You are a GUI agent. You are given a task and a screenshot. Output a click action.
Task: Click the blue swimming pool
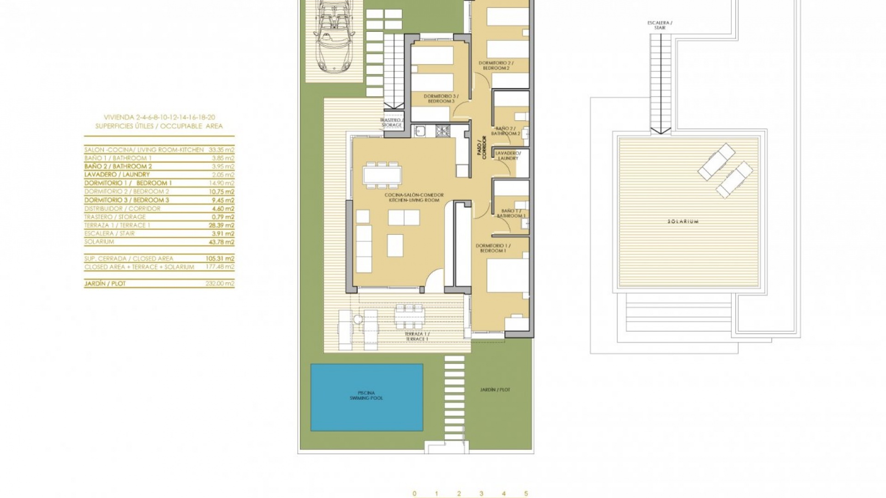(x=366, y=397)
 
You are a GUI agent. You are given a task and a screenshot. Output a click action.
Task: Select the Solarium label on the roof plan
(x=683, y=222)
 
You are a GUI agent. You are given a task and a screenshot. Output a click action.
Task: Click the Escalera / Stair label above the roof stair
(x=660, y=25)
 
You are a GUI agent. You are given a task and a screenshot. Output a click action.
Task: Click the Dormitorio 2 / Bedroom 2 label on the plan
(x=496, y=65)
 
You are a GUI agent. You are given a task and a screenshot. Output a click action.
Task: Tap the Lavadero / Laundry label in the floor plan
(x=508, y=156)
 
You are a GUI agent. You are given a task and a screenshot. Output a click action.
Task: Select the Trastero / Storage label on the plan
(x=391, y=123)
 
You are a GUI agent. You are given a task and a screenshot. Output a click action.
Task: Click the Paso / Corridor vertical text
(x=481, y=147)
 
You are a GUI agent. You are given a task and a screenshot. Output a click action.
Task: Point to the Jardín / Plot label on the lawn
(x=495, y=390)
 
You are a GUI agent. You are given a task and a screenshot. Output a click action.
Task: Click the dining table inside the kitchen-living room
(x=382, y=175)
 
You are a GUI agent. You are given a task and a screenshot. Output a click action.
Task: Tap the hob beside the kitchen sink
(x=443, y=131)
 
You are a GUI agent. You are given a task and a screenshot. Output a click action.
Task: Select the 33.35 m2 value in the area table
(x=221, y=150)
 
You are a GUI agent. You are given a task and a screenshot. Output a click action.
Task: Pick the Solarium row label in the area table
(x=99, y=242)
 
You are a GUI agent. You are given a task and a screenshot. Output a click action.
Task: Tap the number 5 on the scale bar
(x=526, y=493)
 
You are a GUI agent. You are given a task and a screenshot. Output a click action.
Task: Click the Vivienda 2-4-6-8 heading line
(x=159, y=118)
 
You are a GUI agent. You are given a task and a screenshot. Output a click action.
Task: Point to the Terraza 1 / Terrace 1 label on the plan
(x=417, y=337)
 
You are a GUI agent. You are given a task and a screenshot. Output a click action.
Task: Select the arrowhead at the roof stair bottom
(x=660, y=130)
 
